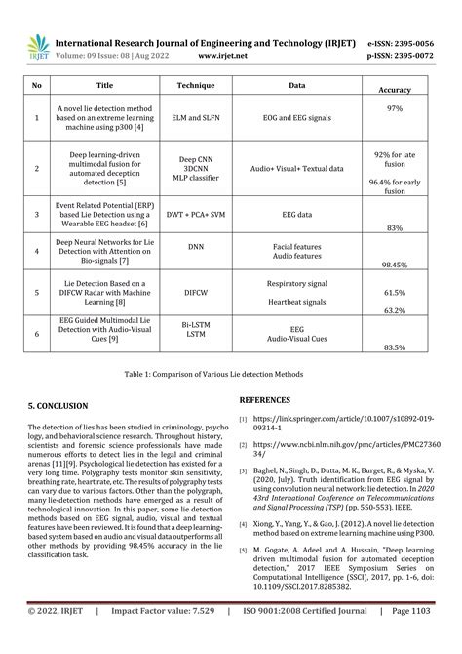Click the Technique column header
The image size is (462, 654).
195,86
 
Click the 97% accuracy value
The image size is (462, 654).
395,107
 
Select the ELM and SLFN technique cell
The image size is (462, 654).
195,118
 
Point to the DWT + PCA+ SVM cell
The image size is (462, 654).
195,212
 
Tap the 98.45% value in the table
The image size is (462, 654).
395,265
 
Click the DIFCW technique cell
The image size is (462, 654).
195,291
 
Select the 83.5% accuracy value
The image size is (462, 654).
395,347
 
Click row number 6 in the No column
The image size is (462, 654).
37,333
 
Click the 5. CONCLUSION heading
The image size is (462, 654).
58,405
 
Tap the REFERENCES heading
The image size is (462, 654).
264,399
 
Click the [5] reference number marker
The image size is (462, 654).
244,551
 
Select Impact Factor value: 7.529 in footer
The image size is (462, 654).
163,638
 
